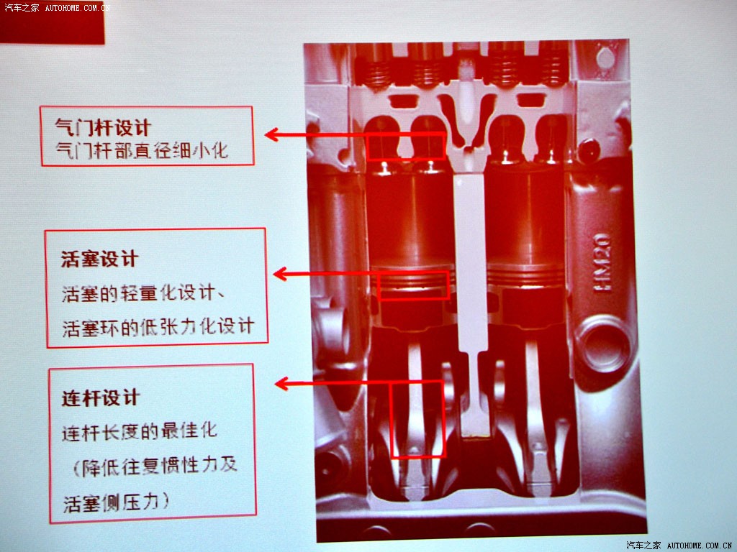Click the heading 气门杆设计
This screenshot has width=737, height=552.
point(103,127)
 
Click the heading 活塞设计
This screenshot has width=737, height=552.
point(99,259)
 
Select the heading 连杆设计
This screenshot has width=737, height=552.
point(101,398)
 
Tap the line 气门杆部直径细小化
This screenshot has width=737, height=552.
point(142,150)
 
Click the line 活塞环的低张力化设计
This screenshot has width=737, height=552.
point(158,327)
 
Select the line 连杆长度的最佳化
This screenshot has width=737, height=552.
point(140,431)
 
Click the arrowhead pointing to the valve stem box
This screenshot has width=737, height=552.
point(271,134)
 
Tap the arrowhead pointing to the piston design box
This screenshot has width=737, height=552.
point(280,274)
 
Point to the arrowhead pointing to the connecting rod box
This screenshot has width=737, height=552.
point(281,384)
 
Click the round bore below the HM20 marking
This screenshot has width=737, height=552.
point(605,345)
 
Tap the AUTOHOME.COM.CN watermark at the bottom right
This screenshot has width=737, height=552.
point(700,546)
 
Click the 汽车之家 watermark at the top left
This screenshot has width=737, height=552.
point(22,7)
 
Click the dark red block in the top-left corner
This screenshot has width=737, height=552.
point(52,22)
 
